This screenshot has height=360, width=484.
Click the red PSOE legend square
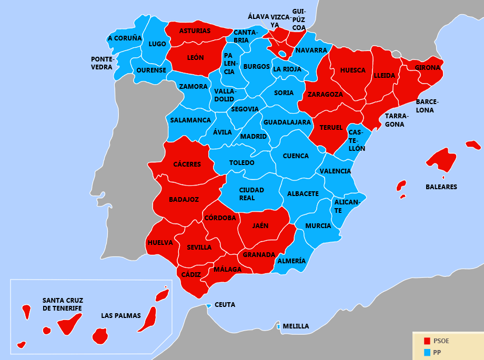pyautogui.click(x=427, y=341)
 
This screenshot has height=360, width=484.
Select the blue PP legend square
pyautogui.click(x=427, y=352)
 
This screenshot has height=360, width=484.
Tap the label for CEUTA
pyautogui.click(x=225, y=305)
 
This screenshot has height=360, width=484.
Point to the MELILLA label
pyautogui.click(x=296, y=326)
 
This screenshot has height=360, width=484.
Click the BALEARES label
pyautogui.click(x=441, y=187)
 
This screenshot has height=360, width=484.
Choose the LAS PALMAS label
pyautogui.click(x=121, y=316)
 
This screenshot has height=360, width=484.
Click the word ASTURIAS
pyautogui.click(x=195, y=31)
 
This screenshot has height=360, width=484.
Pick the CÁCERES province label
pyautogui.click(x=187, y=164)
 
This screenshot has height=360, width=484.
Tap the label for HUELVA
pyautogui.click(x=160, y=243)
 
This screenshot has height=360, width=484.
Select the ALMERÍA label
pyautogui.click(x=291, y=261)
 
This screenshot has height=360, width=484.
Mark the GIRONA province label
pyautogui.click(x=427, y=68)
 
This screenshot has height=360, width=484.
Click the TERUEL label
pyautogui.click(x=331, y=128)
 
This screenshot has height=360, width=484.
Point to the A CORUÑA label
pyautogui.click(x=125, y=38)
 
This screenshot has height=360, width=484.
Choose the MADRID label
pyautogui.click(x=254, y=137)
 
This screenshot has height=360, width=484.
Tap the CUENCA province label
pyautogui.click(x=296, y=156)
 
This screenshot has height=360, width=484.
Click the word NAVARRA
pyautogui.click(x=311, y=50)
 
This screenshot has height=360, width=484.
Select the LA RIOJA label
pyautogui.click(x=287, y=69)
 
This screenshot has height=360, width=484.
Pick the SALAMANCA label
pyautogui.click(x=190, y=120)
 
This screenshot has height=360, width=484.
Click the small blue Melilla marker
pyautogui.click(x=278, y=327)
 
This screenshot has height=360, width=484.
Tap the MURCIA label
pyautogui.click(x=318, y=226)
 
